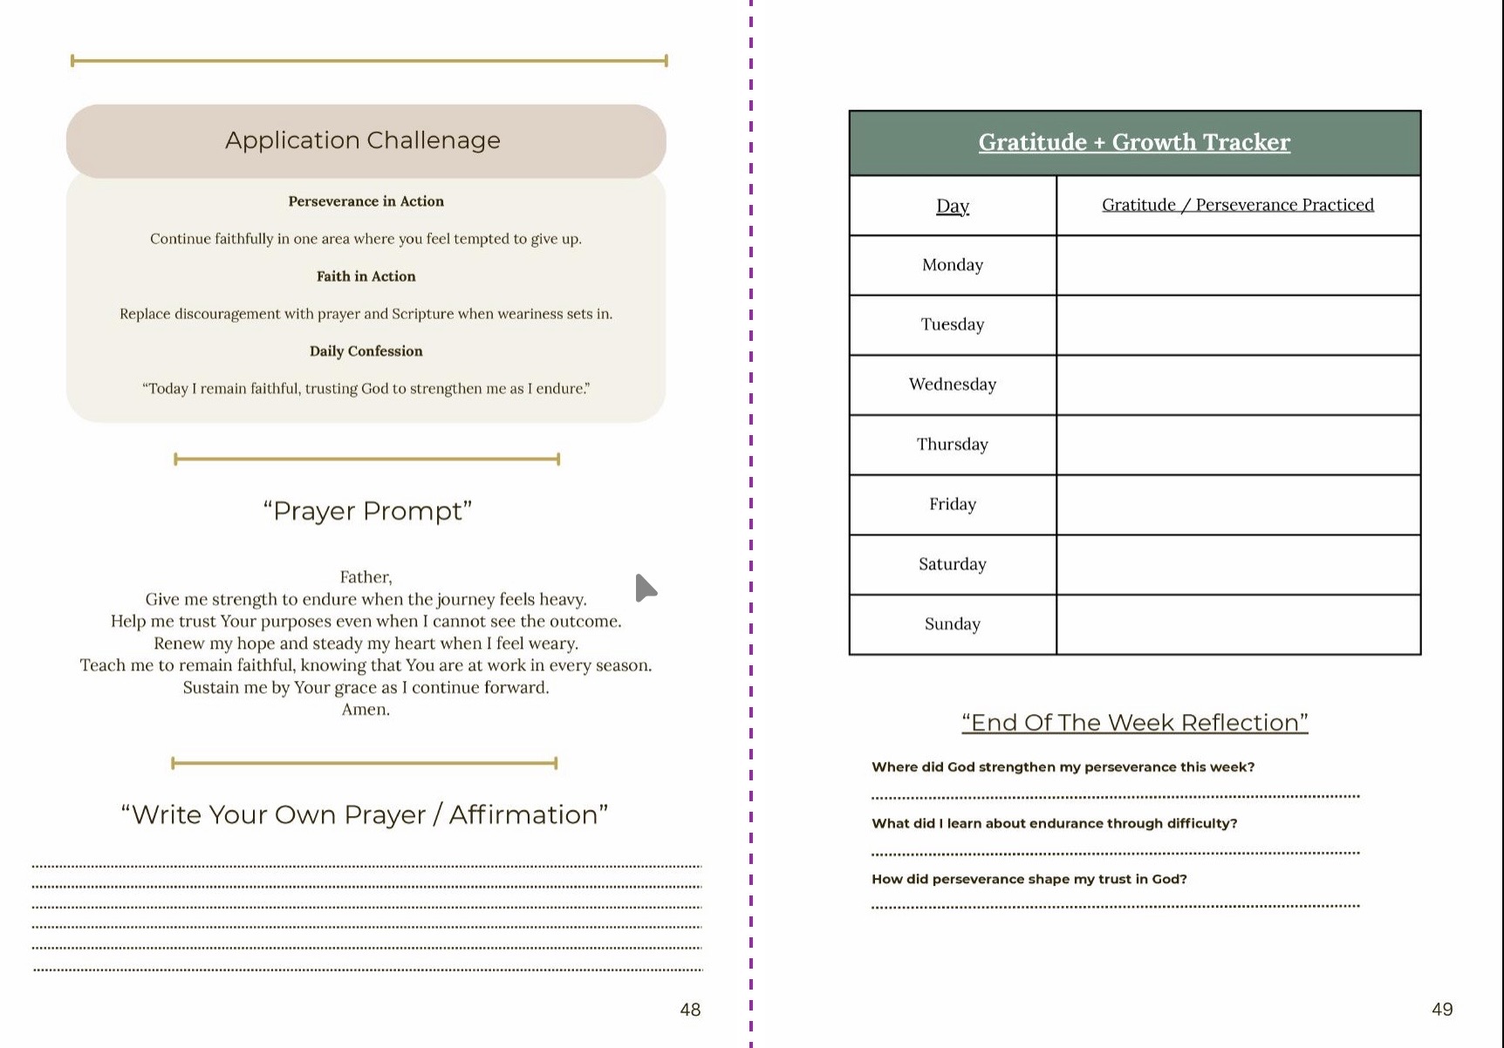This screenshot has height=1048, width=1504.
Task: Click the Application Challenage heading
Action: pos(363,140)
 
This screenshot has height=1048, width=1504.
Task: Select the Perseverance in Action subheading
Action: pos(366,201)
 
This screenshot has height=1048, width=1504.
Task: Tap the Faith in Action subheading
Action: pos(366,276)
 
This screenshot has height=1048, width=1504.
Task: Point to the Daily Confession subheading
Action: pos(366,351)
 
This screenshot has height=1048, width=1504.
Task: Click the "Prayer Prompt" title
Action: pos(367,511)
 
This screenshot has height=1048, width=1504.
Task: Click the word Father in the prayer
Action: pos(365,577)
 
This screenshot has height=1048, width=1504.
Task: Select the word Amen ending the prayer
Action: pos(365,710)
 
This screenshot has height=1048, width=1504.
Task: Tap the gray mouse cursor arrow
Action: pos(645,589)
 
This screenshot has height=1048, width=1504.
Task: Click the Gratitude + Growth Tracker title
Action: pos(1133,142)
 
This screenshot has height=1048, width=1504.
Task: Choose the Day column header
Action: pos(952,206)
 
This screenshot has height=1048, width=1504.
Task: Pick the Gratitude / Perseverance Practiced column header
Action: pos(1237,205)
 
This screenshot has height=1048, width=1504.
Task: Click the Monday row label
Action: pos(952,265)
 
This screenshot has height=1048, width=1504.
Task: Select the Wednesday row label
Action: pos(952,384)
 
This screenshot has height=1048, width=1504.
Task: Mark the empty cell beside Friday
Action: pos(1237,505)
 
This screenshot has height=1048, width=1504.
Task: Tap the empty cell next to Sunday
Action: pos(1237,624)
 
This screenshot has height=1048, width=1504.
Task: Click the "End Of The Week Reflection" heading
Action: pos(1134,723)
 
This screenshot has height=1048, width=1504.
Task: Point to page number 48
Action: pos(690,1010)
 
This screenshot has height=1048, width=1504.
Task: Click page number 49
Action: pos(1442,1010)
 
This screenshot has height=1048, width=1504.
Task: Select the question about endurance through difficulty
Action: pos(1054,824)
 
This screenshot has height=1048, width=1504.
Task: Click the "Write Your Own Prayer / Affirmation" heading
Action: pos(365,814)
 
